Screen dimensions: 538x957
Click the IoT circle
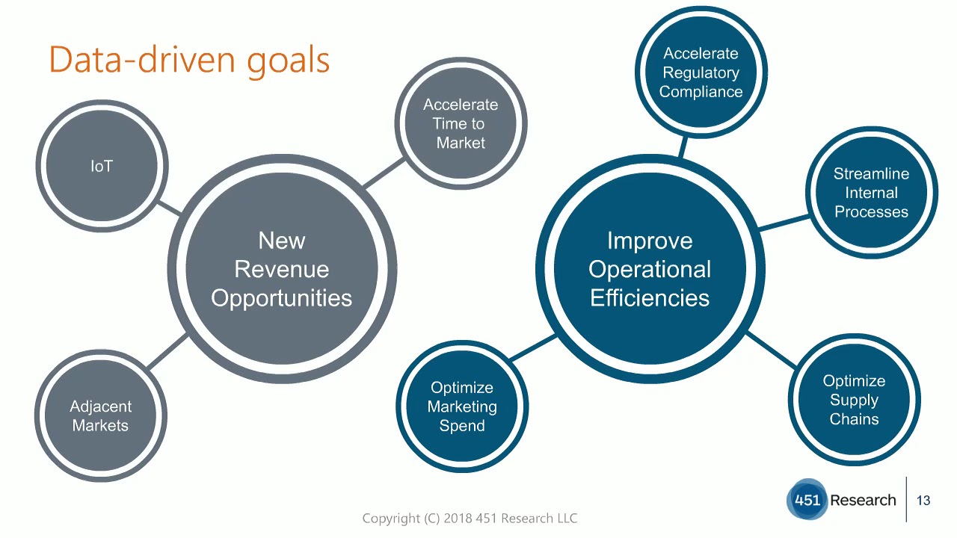coord(102,166)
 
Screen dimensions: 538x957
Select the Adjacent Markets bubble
coord(101,415)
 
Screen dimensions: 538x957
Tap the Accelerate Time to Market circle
coord(461,123)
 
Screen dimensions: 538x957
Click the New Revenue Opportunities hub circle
coord(282,269)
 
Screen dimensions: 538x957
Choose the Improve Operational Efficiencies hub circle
coord(650,269)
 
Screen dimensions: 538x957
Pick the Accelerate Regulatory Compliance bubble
coord(701,72)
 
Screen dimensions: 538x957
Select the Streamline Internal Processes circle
coord(871,192)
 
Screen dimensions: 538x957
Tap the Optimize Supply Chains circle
coord(854,400)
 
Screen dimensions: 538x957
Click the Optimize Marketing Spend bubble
coord(462,406)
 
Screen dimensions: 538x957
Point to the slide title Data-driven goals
coord(189,60)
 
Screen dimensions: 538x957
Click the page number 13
coord(923,501)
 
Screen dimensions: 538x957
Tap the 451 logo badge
coord(807,500)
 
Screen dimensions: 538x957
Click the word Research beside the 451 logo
coord(863,500)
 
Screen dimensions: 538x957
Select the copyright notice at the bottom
coord(470,518)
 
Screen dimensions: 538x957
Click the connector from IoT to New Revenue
coord(170,208)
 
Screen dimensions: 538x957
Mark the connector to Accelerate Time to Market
coord(384,173)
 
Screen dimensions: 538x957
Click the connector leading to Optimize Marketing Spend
coord(532,348)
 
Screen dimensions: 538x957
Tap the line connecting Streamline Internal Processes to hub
coord(784,223)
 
